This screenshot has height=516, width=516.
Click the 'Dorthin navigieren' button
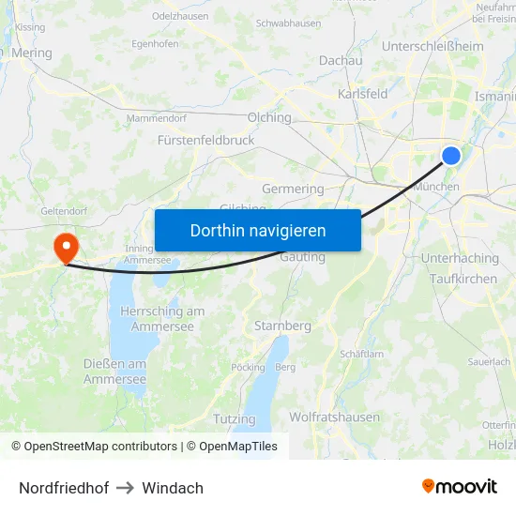pos(257,230)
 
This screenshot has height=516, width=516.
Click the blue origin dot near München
pos(451,156)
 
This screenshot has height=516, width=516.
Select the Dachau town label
pos(341,60)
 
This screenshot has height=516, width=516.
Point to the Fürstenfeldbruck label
pos(205,140)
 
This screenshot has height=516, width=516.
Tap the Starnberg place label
pos(282,326)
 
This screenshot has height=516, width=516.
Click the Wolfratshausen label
pos(334,417)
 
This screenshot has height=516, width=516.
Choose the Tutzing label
pos(235,418)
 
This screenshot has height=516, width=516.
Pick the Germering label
pos(293,189)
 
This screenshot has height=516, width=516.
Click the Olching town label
pos(269,118)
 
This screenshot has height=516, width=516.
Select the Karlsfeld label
pos(363,94)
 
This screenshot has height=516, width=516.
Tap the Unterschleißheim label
pos(433,46)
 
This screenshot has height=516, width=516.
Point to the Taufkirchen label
pos(463,279)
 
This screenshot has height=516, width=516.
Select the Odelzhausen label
pos(179,17)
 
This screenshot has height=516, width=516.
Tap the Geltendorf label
pos(64,212)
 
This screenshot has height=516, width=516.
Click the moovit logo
pos(460,487)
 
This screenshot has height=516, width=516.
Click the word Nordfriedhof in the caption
pos(64,488)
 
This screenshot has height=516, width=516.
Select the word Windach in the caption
pos(173,488)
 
